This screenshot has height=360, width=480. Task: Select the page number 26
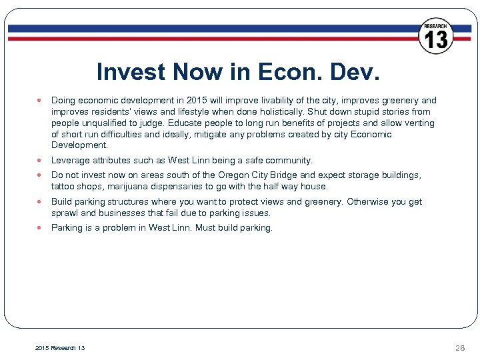tap(460, 347)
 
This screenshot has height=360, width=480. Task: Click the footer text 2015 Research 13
tap(60, 347)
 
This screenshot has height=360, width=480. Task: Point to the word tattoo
tap(63, 187)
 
